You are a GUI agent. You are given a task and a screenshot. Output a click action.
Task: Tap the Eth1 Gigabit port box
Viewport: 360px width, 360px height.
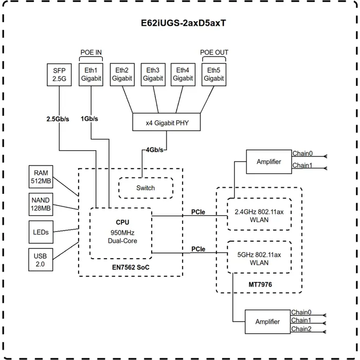point(91,75)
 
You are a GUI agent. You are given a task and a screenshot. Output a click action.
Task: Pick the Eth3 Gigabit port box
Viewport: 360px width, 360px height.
point(153,75)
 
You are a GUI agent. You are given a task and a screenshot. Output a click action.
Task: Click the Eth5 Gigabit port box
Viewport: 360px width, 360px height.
point(213,75)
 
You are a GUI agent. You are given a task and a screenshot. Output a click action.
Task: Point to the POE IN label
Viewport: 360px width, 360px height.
point(91,52)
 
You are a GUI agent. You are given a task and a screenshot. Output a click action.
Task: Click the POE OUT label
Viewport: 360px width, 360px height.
point(214,52)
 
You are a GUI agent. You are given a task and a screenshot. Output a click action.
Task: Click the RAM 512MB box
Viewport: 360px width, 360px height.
point(41,177)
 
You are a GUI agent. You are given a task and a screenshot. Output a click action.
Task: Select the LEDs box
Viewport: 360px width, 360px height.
point(41,232)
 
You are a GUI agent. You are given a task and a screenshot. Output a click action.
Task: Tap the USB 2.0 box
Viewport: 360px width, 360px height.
point(41,260)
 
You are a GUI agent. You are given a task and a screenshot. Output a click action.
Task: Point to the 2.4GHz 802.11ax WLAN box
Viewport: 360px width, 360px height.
point(258,215)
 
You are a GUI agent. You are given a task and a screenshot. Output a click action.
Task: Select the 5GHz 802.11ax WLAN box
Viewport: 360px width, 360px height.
point(258,257)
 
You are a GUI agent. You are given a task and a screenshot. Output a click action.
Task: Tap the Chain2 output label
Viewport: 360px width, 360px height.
point(301,329)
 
